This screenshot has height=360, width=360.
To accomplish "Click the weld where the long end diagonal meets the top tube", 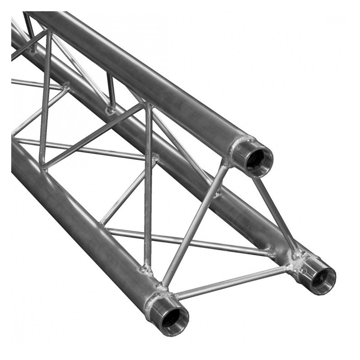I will (225, 163).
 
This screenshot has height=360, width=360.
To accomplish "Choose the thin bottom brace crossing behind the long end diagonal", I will (189, 241).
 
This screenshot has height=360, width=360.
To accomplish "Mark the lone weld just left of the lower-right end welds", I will (270, 251).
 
